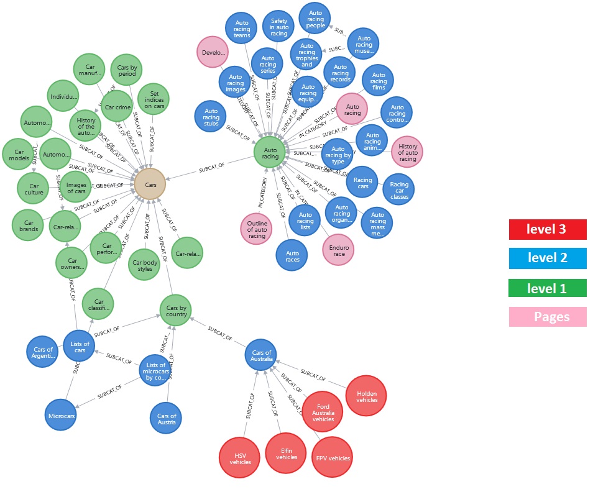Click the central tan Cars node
tap(150, 184)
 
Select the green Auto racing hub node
tap(270, 153)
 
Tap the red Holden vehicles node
tap(367, 396)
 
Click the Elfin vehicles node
tap(286, 454)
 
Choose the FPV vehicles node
tap(332, 458)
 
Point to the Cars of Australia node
tap(260, 356)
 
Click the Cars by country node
tap(175, 310)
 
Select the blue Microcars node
tap(61, 414)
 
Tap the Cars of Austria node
tap(166, 417)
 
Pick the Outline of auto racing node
tap(256, 229)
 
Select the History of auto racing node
tap(407, 152)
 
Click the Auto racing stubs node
tap(211, 117)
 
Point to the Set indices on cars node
tap(153, 99)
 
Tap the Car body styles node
tap(144, 265)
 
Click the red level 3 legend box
tap(547, 229)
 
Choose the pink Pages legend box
tap(547, 317)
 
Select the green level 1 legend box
tap(547, 288)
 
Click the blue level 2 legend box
tap(547, 258)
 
